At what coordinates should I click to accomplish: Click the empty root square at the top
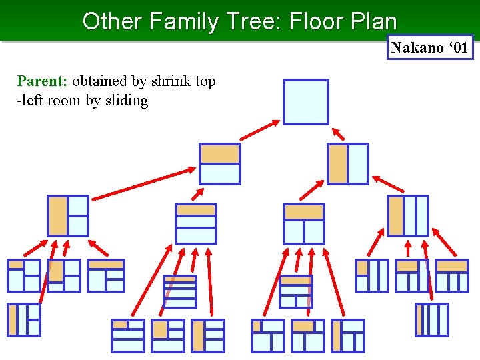[305, 102]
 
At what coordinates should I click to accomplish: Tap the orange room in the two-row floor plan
[220, 154]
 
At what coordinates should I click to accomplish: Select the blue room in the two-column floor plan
[357, 163]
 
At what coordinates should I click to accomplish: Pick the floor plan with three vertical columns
[408, 215]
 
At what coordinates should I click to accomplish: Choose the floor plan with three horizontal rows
[196, 223]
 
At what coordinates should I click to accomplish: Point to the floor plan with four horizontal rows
[180, 291]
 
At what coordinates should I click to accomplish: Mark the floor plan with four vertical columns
[432, 319]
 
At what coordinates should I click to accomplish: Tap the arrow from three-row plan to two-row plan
[198, 193]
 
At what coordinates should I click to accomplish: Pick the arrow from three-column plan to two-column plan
[388, 184]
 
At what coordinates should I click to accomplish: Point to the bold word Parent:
[42, 81]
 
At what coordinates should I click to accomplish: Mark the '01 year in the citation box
[458, 47]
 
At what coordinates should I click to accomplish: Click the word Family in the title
[183, 21]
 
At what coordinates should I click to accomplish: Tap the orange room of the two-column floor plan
[338, 163]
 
